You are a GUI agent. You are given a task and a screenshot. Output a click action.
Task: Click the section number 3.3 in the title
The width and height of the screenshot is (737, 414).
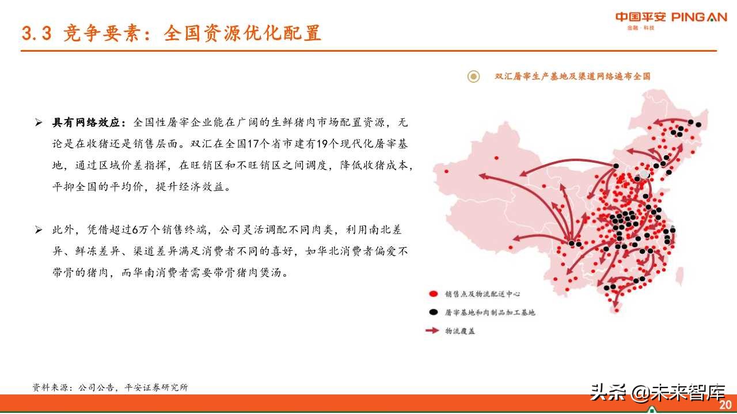pyautogui.click(x=36, y=33)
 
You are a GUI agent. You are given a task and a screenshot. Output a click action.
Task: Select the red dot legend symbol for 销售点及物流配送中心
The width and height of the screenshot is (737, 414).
pyautogui.click(x=432, y=294)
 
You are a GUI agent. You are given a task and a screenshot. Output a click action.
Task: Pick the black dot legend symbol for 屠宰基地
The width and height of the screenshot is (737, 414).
pyautogui.click(x=432, y=312)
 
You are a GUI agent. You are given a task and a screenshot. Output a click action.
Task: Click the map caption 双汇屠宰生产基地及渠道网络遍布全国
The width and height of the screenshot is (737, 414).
pyautogui.click(x=572, y=76)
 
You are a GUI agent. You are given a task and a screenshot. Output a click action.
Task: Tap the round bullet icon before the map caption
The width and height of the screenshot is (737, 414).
pyautogui.click(x=473, y=76)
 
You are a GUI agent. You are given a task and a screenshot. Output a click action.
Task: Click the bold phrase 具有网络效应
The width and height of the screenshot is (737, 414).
pyautogui.click(x=85, y=122)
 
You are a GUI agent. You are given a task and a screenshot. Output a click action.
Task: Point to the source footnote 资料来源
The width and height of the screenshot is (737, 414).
pyautogui.click(x=110, y=388)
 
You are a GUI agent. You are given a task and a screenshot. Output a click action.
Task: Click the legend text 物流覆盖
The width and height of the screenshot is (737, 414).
pyautogui.click(x=460, y=331)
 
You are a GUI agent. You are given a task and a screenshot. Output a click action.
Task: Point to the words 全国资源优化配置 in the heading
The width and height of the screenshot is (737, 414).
pyautogui.click(x=242, y=33)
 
